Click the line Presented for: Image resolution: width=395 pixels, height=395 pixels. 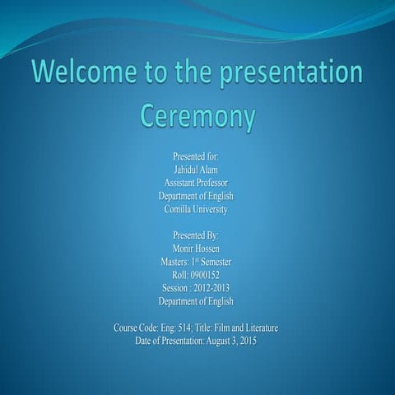pyautogui.click(x=196, y=156)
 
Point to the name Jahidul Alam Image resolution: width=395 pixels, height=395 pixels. pyautogui.click(x=196, y=169)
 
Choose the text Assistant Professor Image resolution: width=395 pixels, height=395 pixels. pyautogui.click(x=196, y=182)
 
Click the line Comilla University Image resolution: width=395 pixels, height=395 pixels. pyautogui.click(x=196, y=209)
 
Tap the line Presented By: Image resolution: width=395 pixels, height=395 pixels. pyautogui.click(x=196, y=235)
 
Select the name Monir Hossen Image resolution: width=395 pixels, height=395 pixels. pyautogui.click(x=196, y=249)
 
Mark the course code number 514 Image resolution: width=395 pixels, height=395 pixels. pyautogui.click(x=185, y=328)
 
